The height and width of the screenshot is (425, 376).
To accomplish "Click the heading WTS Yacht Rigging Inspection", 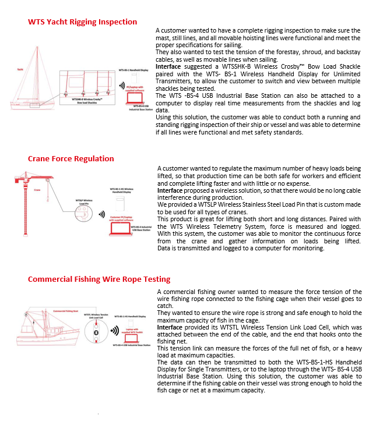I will tap(82, 22).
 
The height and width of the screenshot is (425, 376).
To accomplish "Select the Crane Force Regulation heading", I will tap(71, 158).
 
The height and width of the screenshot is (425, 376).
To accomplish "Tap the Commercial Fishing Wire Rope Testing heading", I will tap(99, 279).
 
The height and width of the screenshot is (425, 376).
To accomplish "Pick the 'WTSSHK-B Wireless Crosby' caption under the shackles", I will tap(87, 100).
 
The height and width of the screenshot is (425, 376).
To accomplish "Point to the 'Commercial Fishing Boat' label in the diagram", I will tap(66, 311).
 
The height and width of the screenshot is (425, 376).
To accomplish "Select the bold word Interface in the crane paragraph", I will tap(169, 190).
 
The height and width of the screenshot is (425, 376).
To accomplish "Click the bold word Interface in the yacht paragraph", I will tap(168, 66).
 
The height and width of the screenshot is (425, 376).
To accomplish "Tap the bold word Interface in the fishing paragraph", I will tap(169, 327).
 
